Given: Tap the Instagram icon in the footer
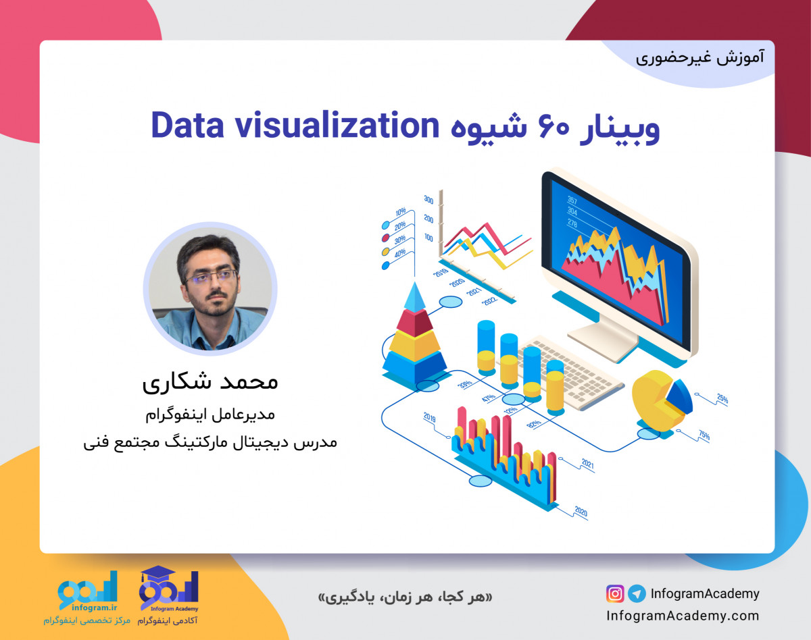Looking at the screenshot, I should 615,594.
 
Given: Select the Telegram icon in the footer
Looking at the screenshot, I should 636,594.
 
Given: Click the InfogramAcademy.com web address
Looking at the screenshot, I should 683,616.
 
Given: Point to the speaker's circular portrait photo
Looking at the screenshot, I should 210,289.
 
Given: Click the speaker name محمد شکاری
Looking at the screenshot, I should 210,382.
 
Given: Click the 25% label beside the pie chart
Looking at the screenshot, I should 722,399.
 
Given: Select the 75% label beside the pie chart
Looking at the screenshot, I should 704,436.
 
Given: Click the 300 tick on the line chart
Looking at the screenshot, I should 428,199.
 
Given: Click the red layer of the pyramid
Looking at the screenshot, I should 414,322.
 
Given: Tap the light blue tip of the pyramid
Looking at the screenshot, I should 414,297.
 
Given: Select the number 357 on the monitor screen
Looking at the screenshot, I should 572,200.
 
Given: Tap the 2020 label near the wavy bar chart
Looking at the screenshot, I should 581,510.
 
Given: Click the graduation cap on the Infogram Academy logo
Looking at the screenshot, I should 157,575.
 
